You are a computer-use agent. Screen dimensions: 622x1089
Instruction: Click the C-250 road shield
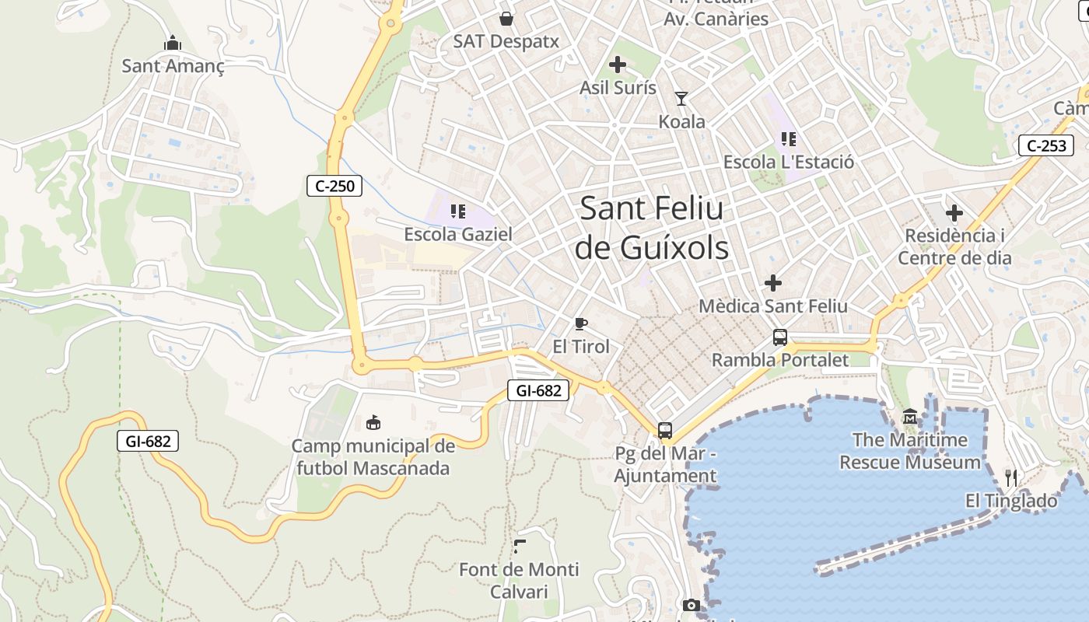[x=334, y=186]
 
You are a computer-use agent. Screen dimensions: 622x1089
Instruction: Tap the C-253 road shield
[x=1046, y=145]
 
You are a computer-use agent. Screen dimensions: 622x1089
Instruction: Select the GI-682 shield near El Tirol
[x=538, y=390]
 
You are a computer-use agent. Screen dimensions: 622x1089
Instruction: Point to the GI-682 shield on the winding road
[x=148, y=442]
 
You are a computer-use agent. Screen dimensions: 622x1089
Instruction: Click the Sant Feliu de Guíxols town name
[x=652, y=229]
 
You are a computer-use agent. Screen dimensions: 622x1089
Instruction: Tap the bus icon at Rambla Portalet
[x=780, y=337]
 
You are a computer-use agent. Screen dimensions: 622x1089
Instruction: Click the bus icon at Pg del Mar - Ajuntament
[x=665, y=430]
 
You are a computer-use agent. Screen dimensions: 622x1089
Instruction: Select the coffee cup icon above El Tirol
[x=580, y=324]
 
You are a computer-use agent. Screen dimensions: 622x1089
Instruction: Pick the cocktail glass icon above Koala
[x=681, y=99]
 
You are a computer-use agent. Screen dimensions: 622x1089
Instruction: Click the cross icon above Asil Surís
[x=618, y=65]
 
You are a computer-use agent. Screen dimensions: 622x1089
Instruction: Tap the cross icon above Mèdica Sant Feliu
[x=773, y=283]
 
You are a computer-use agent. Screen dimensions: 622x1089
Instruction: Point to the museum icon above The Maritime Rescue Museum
[x=910, y=418]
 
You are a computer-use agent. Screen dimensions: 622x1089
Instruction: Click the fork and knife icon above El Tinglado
[x=1011, y=477]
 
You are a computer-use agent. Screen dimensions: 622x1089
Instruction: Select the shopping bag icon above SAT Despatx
[x=506, y=19]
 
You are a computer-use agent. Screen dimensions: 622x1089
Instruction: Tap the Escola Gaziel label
[x=458, y=234]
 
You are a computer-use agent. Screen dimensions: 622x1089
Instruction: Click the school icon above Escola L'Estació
[x=789, y=139]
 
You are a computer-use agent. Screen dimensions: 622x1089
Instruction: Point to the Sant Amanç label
[x=173, y=67]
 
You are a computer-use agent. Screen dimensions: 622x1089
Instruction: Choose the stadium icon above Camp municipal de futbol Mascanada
[x=373, y=423]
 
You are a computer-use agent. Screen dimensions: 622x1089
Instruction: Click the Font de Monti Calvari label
[x=519, y=580]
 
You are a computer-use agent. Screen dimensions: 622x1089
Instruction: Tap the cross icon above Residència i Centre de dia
[x=954, y=212]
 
